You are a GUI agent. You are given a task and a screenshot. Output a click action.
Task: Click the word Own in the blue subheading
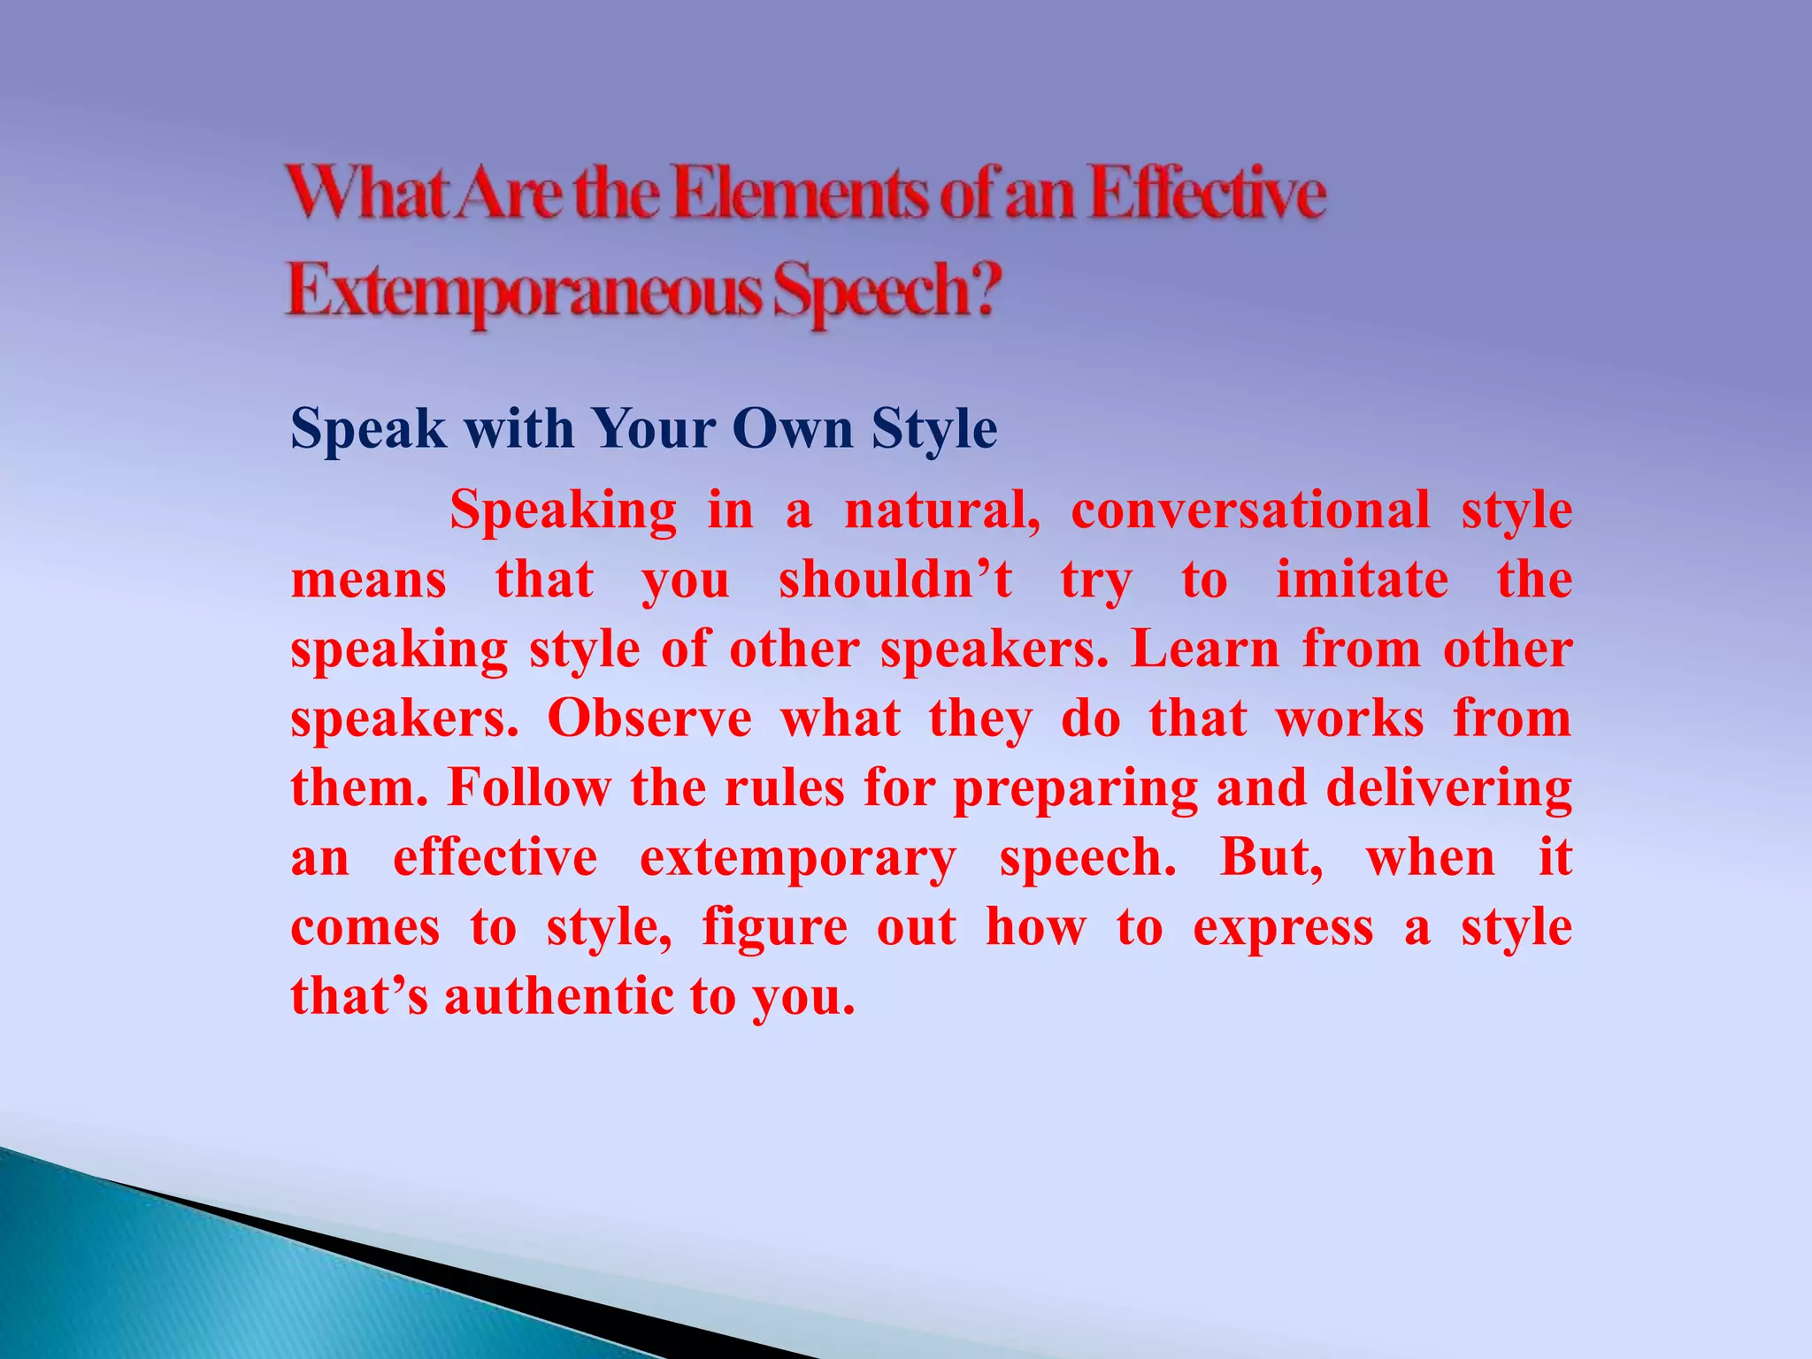coord(793,429)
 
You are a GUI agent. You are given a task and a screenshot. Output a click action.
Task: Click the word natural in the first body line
coord(941,511)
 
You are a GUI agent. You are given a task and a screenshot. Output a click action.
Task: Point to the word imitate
coord(1362,580)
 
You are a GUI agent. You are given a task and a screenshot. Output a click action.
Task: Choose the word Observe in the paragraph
coord(649,718)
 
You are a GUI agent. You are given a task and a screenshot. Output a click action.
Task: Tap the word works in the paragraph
coord(1349,718)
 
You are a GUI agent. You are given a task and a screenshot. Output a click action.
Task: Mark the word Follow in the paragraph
coord(529,787)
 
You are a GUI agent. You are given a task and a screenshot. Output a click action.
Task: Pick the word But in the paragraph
coord(1270,858)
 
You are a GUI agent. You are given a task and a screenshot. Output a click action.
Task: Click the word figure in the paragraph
coord(774,928)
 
